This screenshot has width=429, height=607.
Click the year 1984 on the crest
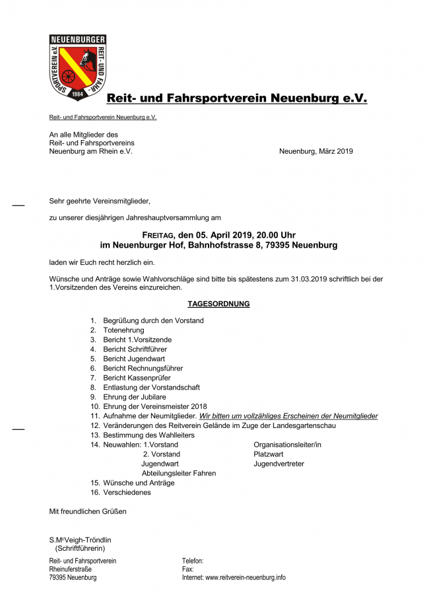78,94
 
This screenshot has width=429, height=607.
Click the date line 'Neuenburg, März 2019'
315,151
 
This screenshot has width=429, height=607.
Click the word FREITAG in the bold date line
159,234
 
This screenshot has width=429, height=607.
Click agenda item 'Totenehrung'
123,330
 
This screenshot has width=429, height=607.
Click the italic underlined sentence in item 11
288,416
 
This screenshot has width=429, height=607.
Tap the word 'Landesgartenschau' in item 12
305,426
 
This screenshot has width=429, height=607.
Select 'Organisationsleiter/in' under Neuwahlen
287,445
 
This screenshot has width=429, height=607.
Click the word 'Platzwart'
269,454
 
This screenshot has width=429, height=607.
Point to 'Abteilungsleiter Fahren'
178,474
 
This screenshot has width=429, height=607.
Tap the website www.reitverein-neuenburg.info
246,577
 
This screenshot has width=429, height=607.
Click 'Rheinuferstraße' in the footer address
71,569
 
